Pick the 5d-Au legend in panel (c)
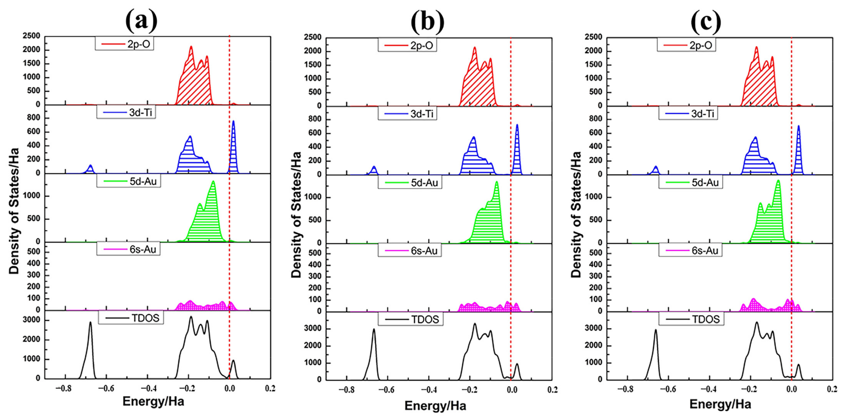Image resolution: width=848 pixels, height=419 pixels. tap(691, 182)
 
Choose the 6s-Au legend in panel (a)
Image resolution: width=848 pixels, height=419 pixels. tap(128, 249)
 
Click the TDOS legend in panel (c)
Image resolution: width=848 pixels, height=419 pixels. tap(691, 319)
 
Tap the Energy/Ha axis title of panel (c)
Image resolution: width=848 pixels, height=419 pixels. tap(720, 404)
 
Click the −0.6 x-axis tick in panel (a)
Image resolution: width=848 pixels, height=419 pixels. tap(106, 389)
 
